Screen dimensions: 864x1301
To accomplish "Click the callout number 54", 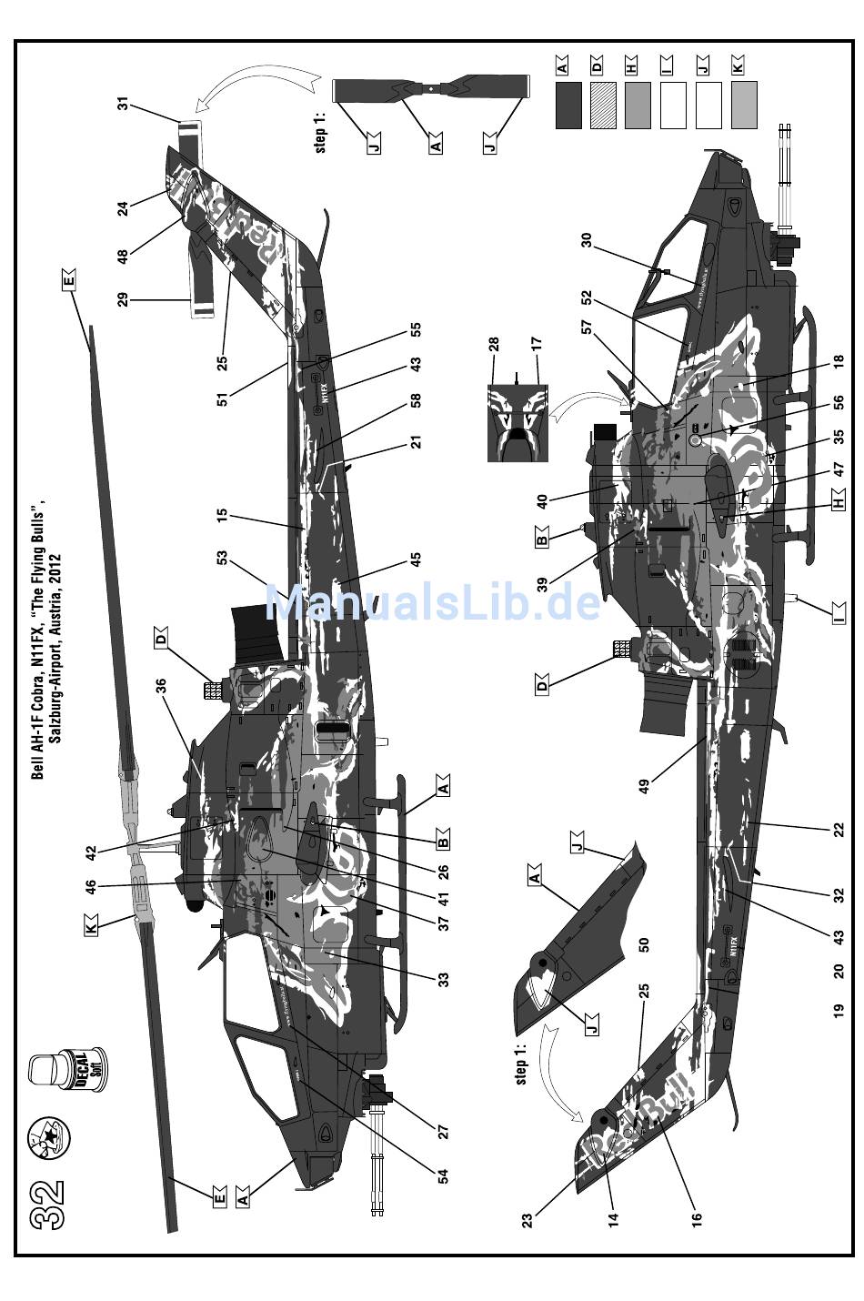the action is click(x=443, y=1175).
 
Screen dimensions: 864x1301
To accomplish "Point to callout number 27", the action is click(x=443, y=1131).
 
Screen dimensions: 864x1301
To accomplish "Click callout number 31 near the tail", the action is click(x=123, y=105).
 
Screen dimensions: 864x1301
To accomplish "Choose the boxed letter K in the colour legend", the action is click(x=738, y=64).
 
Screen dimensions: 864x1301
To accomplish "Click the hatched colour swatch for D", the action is click(x=602, y=105).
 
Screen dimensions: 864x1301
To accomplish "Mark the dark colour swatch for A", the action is click(x=568, y=105).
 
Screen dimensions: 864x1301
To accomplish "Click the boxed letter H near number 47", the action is click(x=838, y=499).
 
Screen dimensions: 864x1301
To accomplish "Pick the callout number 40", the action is click(x=543, y=500).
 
